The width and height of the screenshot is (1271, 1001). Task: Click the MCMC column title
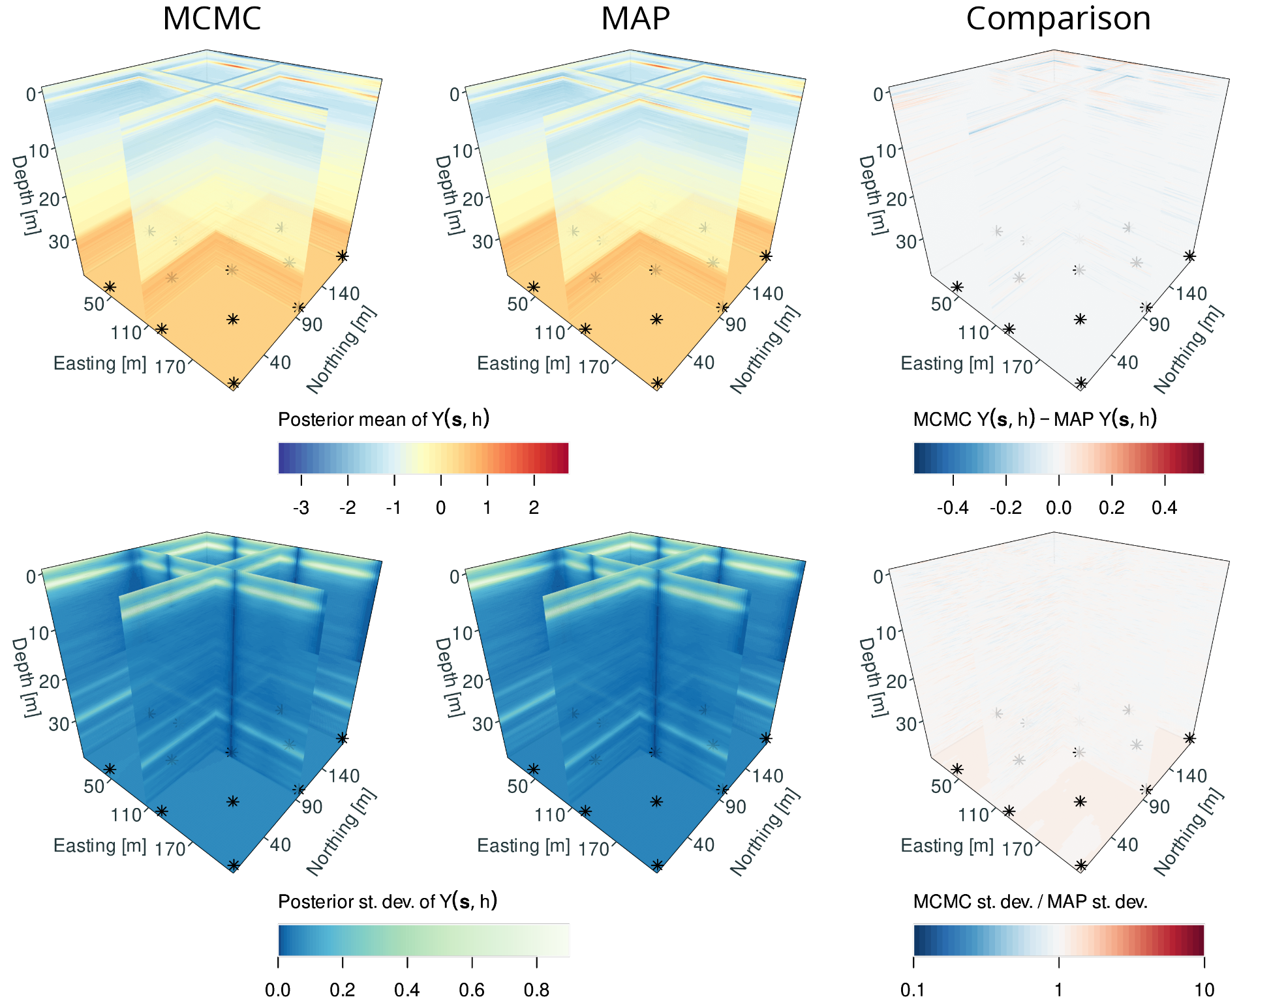click(211, 18)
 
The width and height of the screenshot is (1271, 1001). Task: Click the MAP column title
click(635, 18)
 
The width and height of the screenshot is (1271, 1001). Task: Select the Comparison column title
click(1058, 18)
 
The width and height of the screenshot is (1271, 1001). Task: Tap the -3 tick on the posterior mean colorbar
click(301, 507)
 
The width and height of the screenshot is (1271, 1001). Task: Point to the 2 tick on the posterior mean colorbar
click(534, 507)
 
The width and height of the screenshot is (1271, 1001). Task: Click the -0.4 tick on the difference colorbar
click(953, 507)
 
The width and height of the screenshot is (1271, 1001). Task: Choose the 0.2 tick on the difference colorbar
click(1111, 507)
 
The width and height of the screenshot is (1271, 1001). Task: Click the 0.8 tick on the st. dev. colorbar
click(536, 990)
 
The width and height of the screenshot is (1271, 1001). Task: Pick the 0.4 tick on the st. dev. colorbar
click(407, 990)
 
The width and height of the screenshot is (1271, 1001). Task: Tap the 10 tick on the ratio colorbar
click(1204, 990)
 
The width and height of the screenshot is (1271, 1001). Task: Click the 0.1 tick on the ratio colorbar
click(913, 990)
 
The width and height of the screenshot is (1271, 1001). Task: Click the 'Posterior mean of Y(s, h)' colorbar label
click(384, 419)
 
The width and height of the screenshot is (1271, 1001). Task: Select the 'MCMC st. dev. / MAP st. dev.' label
click(1030, 902)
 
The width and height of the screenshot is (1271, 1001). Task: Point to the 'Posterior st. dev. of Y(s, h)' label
click(388, 902)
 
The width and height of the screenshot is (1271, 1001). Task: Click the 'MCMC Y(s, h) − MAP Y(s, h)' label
click(1035, 419)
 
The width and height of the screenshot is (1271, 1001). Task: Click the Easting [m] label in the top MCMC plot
click(100, 363)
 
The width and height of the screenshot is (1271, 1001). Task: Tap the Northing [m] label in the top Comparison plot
click(1188, 350)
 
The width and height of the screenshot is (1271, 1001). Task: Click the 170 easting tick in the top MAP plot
click(594, 367)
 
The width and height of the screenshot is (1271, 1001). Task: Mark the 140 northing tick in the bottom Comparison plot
click(1191, 776)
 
